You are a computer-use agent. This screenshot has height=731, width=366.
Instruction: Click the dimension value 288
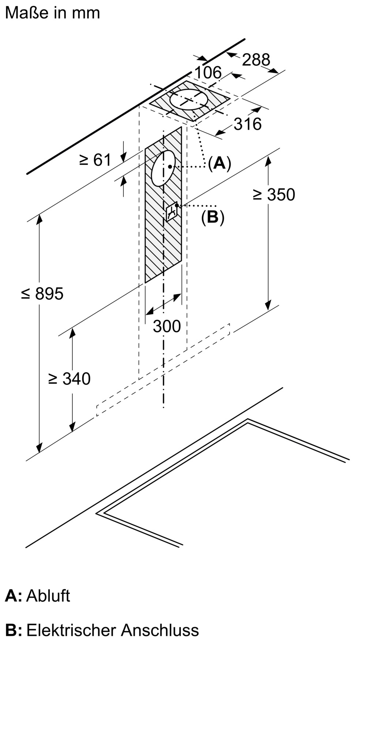point(256,60)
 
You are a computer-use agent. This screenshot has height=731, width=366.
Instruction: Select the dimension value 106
point(208,72)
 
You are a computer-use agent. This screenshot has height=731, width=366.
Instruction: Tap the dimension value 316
point(247,124)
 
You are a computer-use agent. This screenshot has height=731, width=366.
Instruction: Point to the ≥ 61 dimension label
point(95,160)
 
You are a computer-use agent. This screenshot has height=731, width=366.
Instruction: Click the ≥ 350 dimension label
point(273,195)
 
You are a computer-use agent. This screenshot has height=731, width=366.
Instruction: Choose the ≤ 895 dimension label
point(42,293)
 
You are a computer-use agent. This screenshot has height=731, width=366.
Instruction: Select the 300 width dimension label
point(167,326)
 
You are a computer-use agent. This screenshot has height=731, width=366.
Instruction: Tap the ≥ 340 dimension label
point(69,379)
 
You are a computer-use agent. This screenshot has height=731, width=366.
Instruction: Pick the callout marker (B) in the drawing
point(213,217)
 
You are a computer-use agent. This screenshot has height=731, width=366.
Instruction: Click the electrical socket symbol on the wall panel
point(172,211)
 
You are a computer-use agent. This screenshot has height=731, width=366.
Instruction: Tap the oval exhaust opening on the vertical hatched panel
point(163,168)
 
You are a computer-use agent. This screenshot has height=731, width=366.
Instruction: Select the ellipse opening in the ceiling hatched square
point(189,99)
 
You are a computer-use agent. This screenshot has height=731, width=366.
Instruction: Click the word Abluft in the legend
point(48,596)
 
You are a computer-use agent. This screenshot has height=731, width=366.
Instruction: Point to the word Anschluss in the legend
point(160,630)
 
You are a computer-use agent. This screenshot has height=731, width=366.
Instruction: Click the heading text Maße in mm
point(52,13)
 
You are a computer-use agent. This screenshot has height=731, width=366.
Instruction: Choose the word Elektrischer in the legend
point(71,630)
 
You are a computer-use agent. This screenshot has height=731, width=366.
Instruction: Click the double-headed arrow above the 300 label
point(163,304)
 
